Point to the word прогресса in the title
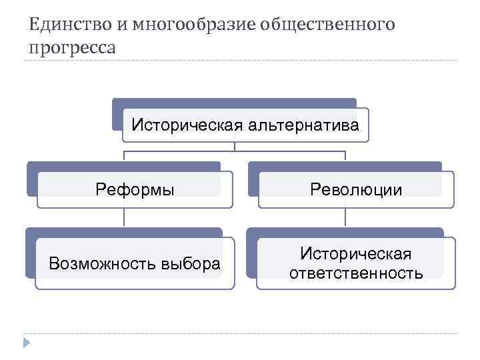point(72,48)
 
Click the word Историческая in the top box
point(187,125)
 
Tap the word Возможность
point(103,264)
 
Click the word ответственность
point(355,273)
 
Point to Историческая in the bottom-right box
point(355,254)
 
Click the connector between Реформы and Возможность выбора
point(124,218)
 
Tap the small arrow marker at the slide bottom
point(26,343)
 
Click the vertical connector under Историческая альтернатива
point(234,147)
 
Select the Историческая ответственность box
point(355,263)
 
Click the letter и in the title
point(124,25)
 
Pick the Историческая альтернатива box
point(245,125)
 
